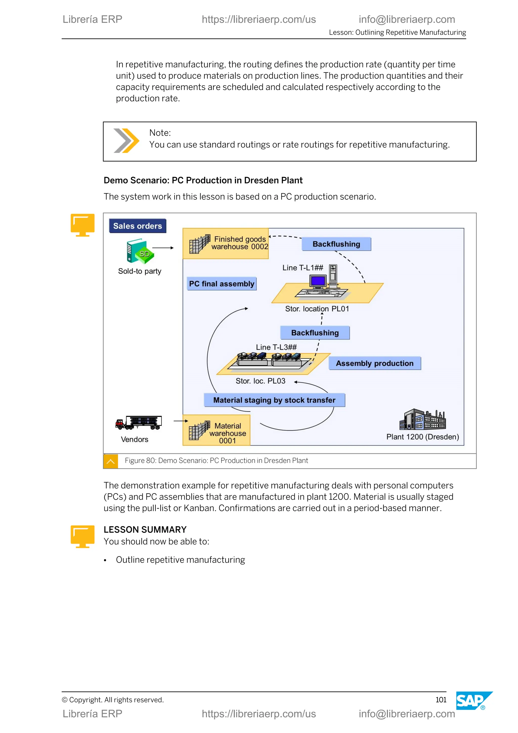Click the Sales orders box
[x=138, y=226]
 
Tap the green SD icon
[x=144, y=254]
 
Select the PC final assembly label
[x=222, y=284]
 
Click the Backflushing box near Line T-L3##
[x=315, y=333]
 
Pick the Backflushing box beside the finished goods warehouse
[x=336, y=244]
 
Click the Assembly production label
[x=375, y=363]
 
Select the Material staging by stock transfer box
[x=274, y=400]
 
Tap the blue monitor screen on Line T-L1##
[x=318, y=281]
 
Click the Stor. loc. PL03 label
[x=260, y=381]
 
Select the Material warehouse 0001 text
[x=228, y=433]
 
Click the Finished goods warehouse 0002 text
[x=240, y=243]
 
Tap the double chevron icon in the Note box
[x=126, y=141]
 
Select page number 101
[x=441, y=700]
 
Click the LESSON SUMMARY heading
[x=145, y=530]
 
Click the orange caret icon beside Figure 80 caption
[x=111, y=461]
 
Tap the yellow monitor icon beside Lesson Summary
[x=83, y=536]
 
